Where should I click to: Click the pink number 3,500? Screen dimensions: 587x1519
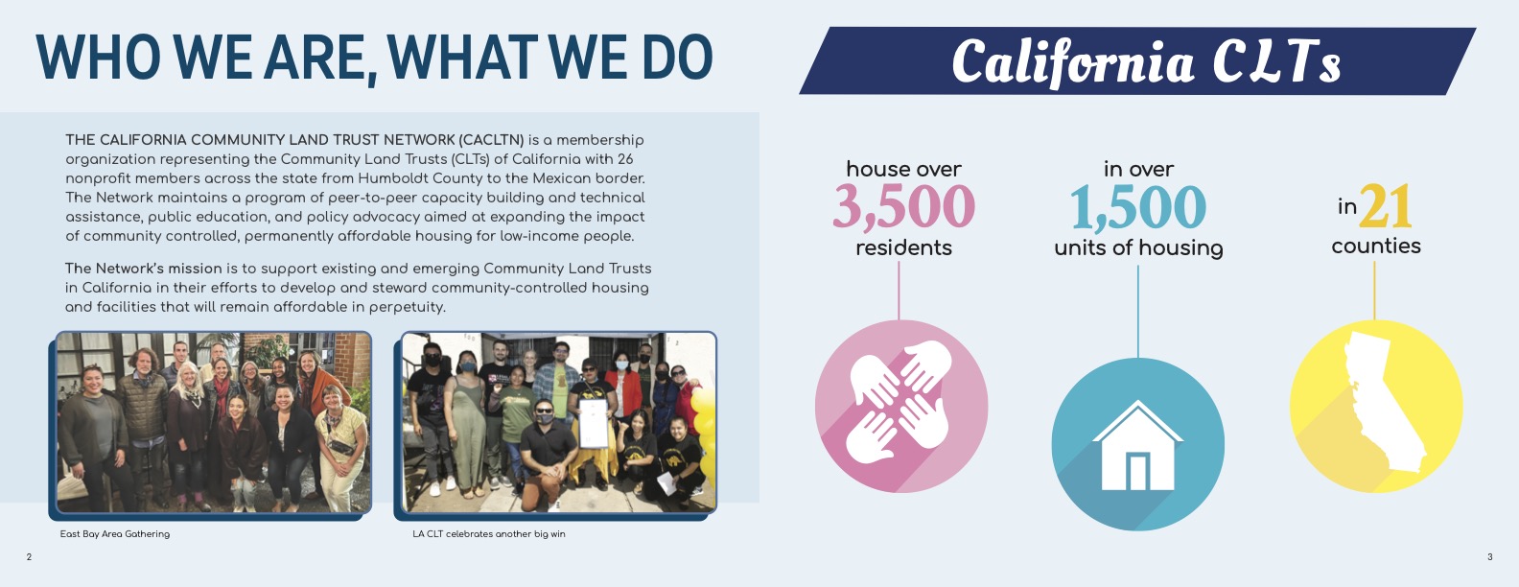[903, 207]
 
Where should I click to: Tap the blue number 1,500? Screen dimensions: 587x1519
[1137, 207]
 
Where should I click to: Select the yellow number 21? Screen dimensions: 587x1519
[1386, 206]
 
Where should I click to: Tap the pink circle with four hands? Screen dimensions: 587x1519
[900, 407]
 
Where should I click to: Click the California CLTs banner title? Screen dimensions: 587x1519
[1145, 62]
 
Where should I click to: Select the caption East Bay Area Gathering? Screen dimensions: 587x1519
[115, 534]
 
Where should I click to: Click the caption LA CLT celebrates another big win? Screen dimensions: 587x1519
[489, 534]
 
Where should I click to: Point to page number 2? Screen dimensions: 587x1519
[29, 557]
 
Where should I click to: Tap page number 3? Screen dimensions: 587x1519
[1489, 557]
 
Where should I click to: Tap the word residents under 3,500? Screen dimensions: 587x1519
[903, 247]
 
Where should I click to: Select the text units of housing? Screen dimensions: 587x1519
[1138, 248]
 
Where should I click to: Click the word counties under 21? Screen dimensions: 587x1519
[1376, 247]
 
